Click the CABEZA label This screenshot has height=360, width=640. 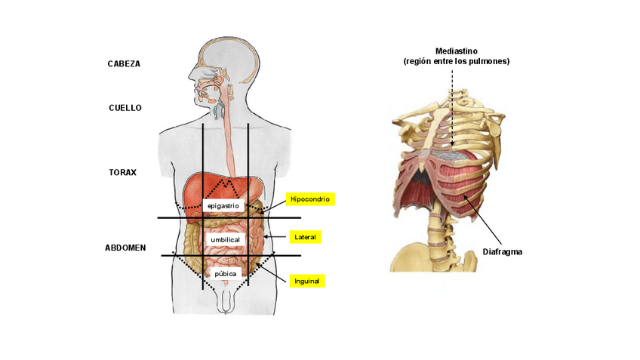[124, 64]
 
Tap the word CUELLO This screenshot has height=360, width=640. [125, 108]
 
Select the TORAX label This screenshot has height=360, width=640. [122, 172]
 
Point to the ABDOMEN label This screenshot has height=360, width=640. [125, 248]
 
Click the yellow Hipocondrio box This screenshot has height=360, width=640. [309, 199]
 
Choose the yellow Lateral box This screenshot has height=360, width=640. [306, 237]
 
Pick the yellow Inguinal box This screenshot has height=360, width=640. [307, 281]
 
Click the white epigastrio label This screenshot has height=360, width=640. [223, 205]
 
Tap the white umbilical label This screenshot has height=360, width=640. [225, 240]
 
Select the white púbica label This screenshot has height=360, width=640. [225, 273]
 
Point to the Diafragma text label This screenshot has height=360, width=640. [502, 251]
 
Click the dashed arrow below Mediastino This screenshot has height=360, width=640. [452, 106]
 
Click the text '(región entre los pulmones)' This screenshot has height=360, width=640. [456, 61]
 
